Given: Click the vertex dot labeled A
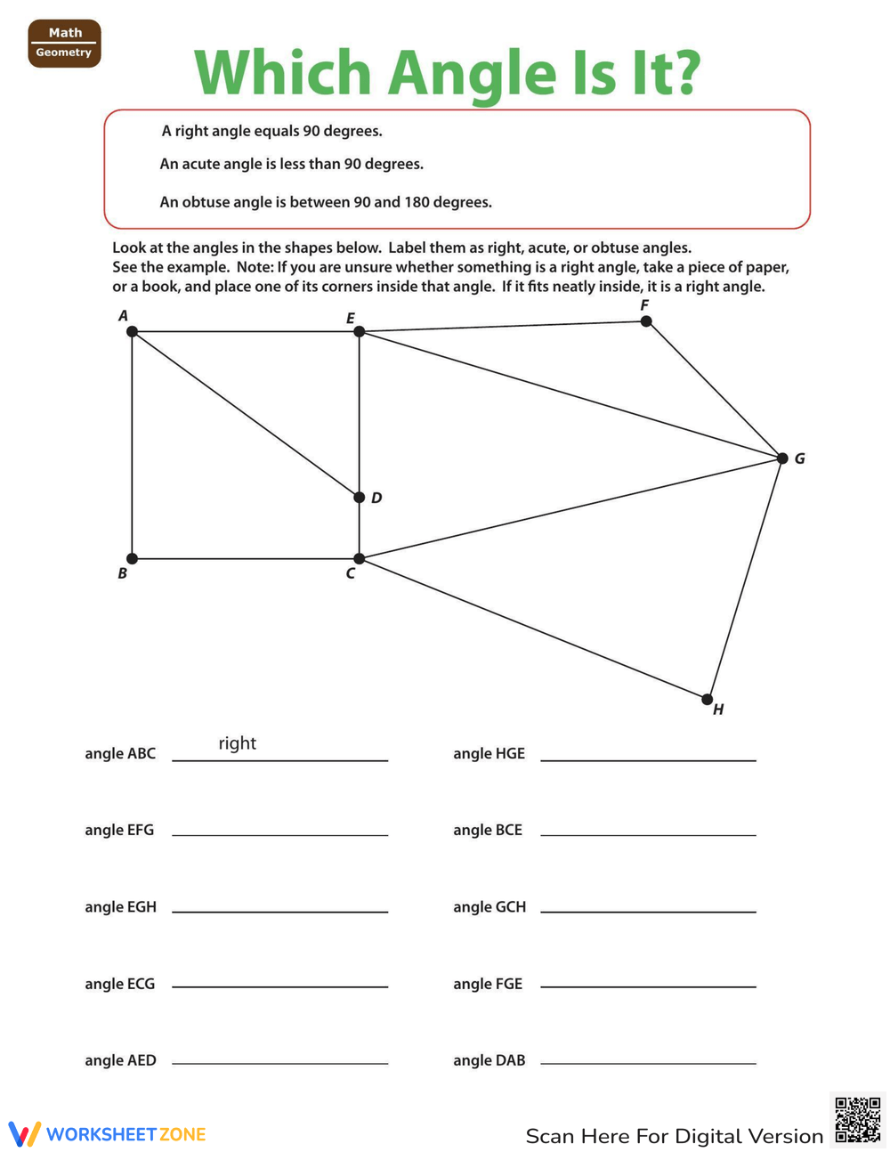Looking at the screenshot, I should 132,331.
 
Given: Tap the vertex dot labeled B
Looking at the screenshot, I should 132,558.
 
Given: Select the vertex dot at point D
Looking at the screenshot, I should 359,498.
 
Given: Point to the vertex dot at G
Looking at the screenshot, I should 782,458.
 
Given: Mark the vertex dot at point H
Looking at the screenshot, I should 708,699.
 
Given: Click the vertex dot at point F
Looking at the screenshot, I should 646,320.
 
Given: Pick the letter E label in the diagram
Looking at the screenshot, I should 351,318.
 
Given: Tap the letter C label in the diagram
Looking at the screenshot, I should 351,574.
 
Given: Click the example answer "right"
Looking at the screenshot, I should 237,743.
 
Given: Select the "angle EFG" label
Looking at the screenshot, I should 119,830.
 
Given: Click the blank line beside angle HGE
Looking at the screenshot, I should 648,759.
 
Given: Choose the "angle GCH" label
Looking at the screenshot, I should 489,907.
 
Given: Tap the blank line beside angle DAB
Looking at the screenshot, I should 648,1063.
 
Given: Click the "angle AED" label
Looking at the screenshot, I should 120,1060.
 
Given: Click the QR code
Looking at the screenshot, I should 857,1120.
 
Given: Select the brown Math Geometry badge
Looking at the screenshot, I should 64,43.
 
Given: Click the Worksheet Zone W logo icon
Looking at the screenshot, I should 25,1133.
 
